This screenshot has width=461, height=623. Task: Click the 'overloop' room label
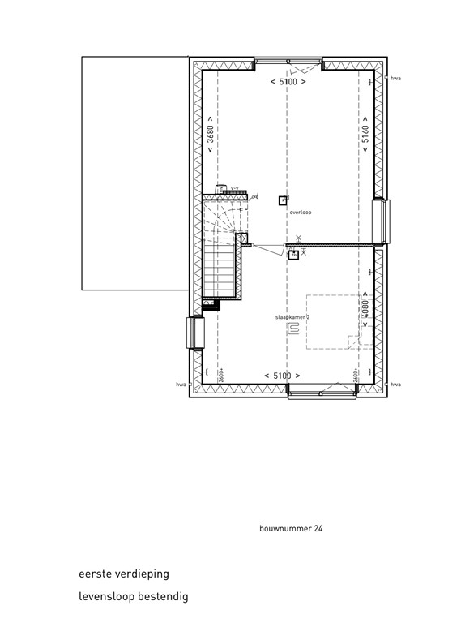tap(300, 213)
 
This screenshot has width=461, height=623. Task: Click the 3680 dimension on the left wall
tap(209, 135)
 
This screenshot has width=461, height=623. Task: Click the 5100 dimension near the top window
tap(288, 82)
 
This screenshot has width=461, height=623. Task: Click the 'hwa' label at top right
tap(395, 79)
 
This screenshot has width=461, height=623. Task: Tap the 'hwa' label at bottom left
tap(181, 385)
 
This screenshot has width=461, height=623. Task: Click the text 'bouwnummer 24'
tap(291, 528)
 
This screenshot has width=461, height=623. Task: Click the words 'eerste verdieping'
tap(124, 574)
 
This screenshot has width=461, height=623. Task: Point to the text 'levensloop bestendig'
tap(134, 597)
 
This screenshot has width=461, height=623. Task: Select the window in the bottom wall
tap(322, 394)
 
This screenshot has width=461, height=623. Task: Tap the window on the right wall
tap(378, 220)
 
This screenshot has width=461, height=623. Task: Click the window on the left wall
tap(195, 332)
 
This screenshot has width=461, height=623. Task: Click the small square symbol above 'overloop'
tap(282, 200)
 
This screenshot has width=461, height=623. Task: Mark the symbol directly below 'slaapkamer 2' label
tap(294, 329)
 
